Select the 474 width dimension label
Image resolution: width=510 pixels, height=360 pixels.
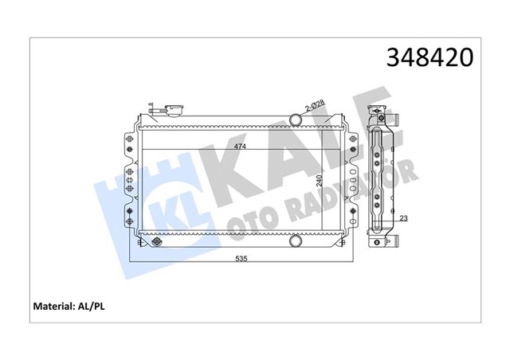point(239,147)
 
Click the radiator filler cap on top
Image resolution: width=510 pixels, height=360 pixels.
point(173,110)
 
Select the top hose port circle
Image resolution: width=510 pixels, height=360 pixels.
point(296,120)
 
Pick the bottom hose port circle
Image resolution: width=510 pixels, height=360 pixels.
point(296,239)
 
